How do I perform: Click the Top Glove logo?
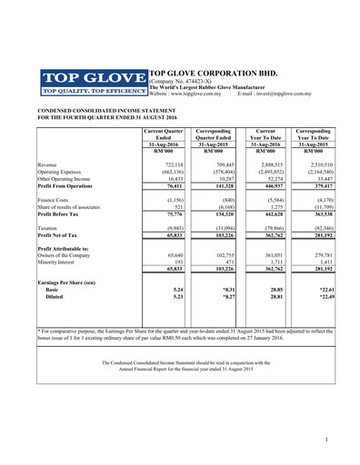(91, 82)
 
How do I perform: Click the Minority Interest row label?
(60, 262)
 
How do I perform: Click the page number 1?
(325, 440)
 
